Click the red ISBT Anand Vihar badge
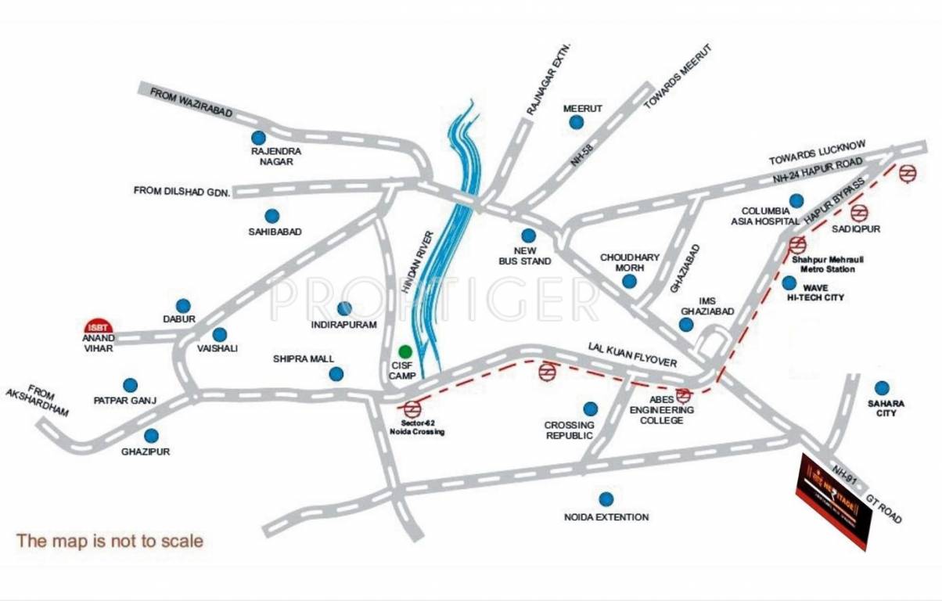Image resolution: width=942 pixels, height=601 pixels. pos(99,325)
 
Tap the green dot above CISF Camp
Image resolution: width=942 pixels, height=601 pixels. pos(404,350)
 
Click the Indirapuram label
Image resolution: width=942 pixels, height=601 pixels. pos(343,324)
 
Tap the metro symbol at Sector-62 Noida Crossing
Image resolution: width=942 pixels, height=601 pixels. pos(412,408)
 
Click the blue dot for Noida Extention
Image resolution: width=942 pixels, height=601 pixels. pos(606,498)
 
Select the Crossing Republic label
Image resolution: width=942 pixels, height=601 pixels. pos(569,430)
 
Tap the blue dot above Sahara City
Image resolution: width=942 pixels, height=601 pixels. pos(882,387)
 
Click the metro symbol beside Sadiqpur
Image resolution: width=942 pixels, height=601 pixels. pos(859,212)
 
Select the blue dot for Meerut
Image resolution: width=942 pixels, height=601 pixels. pos(576,122)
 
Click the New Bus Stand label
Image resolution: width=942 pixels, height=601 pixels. pos(525,256)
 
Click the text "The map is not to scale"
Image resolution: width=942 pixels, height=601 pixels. pos(110,540)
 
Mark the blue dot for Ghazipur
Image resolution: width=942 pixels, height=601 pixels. pos(151,435)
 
